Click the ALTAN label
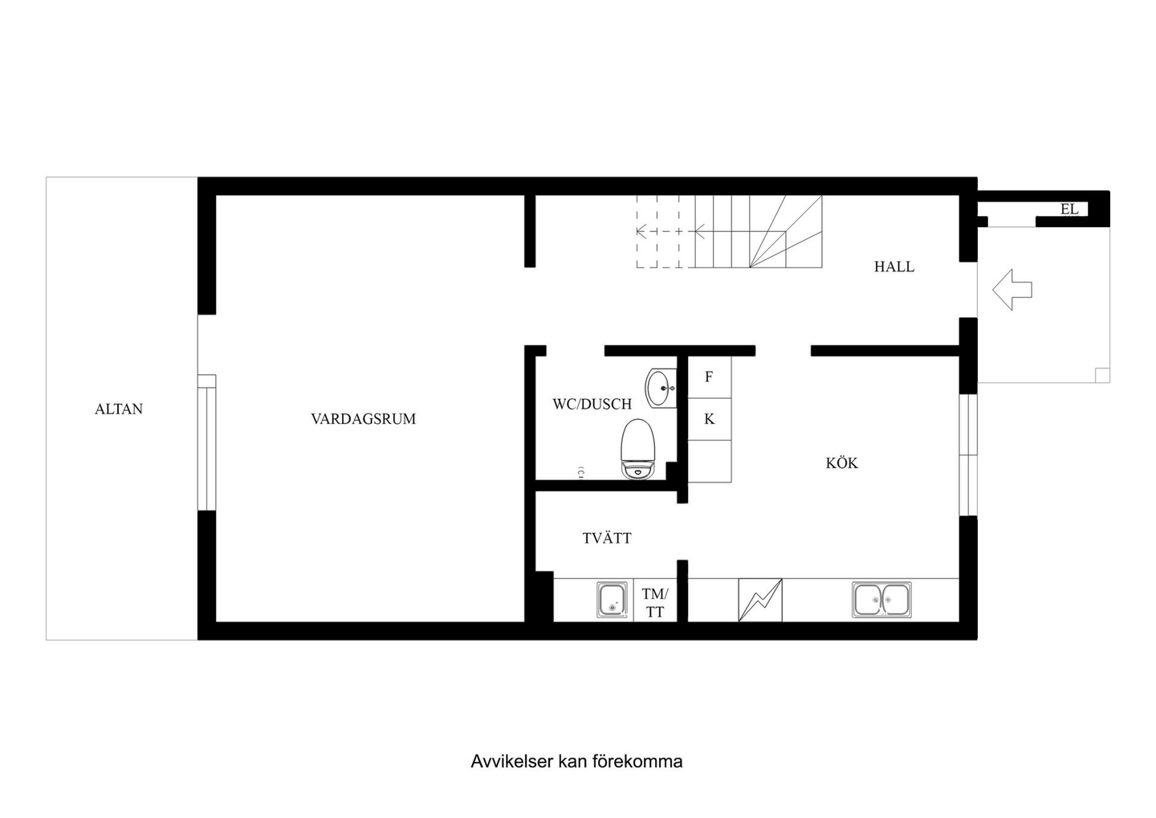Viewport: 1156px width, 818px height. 119,409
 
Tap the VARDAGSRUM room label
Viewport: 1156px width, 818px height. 364,418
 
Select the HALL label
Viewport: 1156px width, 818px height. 893,267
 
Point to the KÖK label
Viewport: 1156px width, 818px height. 841,462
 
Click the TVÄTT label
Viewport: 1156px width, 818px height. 607,538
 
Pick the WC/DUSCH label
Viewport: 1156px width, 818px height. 592,404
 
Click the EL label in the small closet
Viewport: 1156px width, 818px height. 1069,209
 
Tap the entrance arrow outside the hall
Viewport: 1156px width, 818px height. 1012,290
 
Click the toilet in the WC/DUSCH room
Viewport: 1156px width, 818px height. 638,449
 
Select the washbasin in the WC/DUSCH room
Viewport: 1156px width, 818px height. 661,388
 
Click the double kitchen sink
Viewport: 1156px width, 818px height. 881,600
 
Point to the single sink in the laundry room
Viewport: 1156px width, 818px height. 613,600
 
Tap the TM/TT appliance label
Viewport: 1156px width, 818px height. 655,603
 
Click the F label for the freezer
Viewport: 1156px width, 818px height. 709,376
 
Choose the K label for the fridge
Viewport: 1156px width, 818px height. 710,419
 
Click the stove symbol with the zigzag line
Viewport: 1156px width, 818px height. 760,600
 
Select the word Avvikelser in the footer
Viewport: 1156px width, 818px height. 511,761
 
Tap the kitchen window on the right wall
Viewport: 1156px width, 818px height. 968,454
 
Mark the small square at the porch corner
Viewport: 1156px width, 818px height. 1102,375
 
